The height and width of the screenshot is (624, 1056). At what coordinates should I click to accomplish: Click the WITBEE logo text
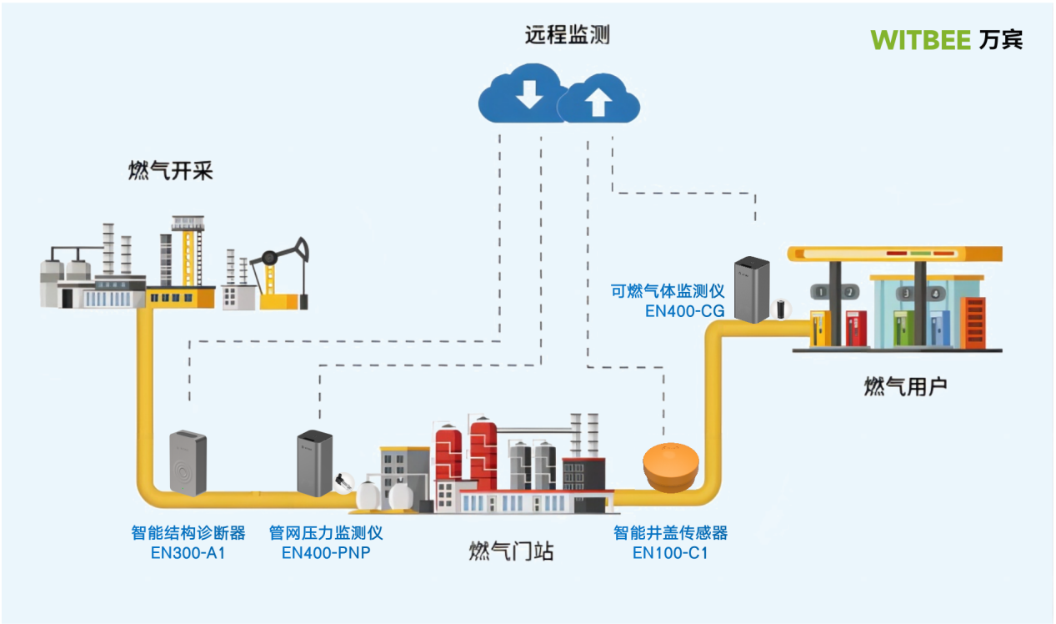coord(920,39)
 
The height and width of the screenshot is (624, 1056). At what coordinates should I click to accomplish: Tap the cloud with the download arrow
coord(526,96)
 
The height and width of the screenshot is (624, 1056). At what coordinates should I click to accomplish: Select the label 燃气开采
coord(170,172)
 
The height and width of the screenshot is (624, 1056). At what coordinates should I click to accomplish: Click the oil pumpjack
coord(283,275)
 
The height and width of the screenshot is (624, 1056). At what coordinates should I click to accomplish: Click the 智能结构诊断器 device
coord(188,462)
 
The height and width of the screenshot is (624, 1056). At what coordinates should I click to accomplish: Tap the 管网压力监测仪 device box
coord(315,462)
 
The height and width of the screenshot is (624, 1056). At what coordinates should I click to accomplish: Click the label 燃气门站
coord(511,551)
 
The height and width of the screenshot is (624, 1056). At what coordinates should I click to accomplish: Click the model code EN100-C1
coord(670,551)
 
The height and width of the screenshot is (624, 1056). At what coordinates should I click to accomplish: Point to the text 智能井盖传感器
coord(670,533)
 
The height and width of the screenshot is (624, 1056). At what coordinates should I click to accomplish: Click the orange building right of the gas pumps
coord(973,322)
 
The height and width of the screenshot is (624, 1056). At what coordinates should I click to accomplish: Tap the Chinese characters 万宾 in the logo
coord(1000,39)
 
